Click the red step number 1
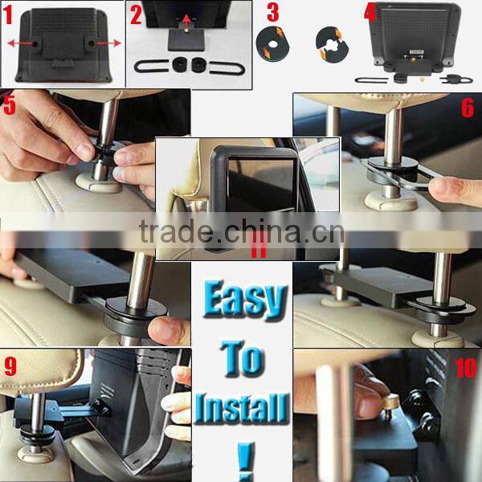[x=7, y=14]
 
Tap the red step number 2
[x=136, y=14]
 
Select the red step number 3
[x=272, y=12]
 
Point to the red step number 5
[x=9, y=104]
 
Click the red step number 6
[x=468, y=108]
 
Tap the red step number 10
[x=465, y=368]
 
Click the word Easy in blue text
[x=245, y=300]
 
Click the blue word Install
[x=242, y=408]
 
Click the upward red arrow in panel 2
[x=186, y=22]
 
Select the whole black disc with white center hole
[x=272, y=43]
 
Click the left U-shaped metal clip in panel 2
[x=151, y=66]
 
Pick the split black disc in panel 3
[x=332, y=44]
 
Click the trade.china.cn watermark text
[x=242, y=231]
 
